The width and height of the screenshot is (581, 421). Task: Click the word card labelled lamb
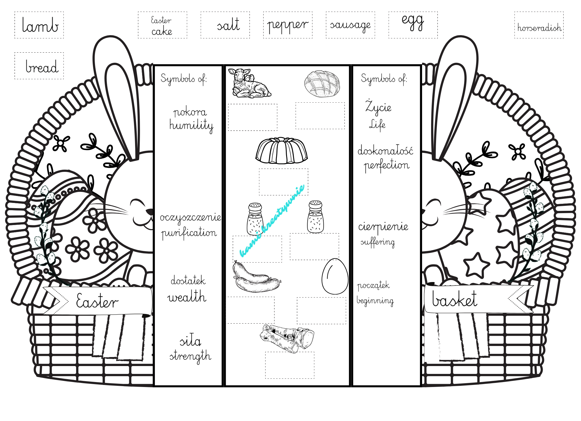click(x=39, y=25)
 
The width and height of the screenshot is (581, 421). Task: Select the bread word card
click(x=39, y=66)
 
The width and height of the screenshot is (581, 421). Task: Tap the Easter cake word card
click(x=162, y=25)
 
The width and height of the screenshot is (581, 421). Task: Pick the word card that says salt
click(x=225, y=25)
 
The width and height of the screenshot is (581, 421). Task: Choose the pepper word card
click(x=288, y=25)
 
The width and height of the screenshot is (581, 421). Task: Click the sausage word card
click(x=350, y=25)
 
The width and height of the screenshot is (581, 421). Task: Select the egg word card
click(x=413, y=25)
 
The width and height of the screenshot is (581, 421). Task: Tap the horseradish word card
click(x=539, y=25)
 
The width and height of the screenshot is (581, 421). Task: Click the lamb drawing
click(x=249, y=83)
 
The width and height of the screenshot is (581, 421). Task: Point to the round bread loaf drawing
click(x=322, y=84)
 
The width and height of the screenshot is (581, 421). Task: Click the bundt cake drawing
click(x=281, y=151)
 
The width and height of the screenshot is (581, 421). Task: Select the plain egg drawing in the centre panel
click(x=335, y=276)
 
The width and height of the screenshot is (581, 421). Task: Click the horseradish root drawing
click(x=287, y=338)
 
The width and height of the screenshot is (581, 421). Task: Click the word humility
click(x=191, y=125)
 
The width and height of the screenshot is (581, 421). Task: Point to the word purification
click(x=189, y=233)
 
